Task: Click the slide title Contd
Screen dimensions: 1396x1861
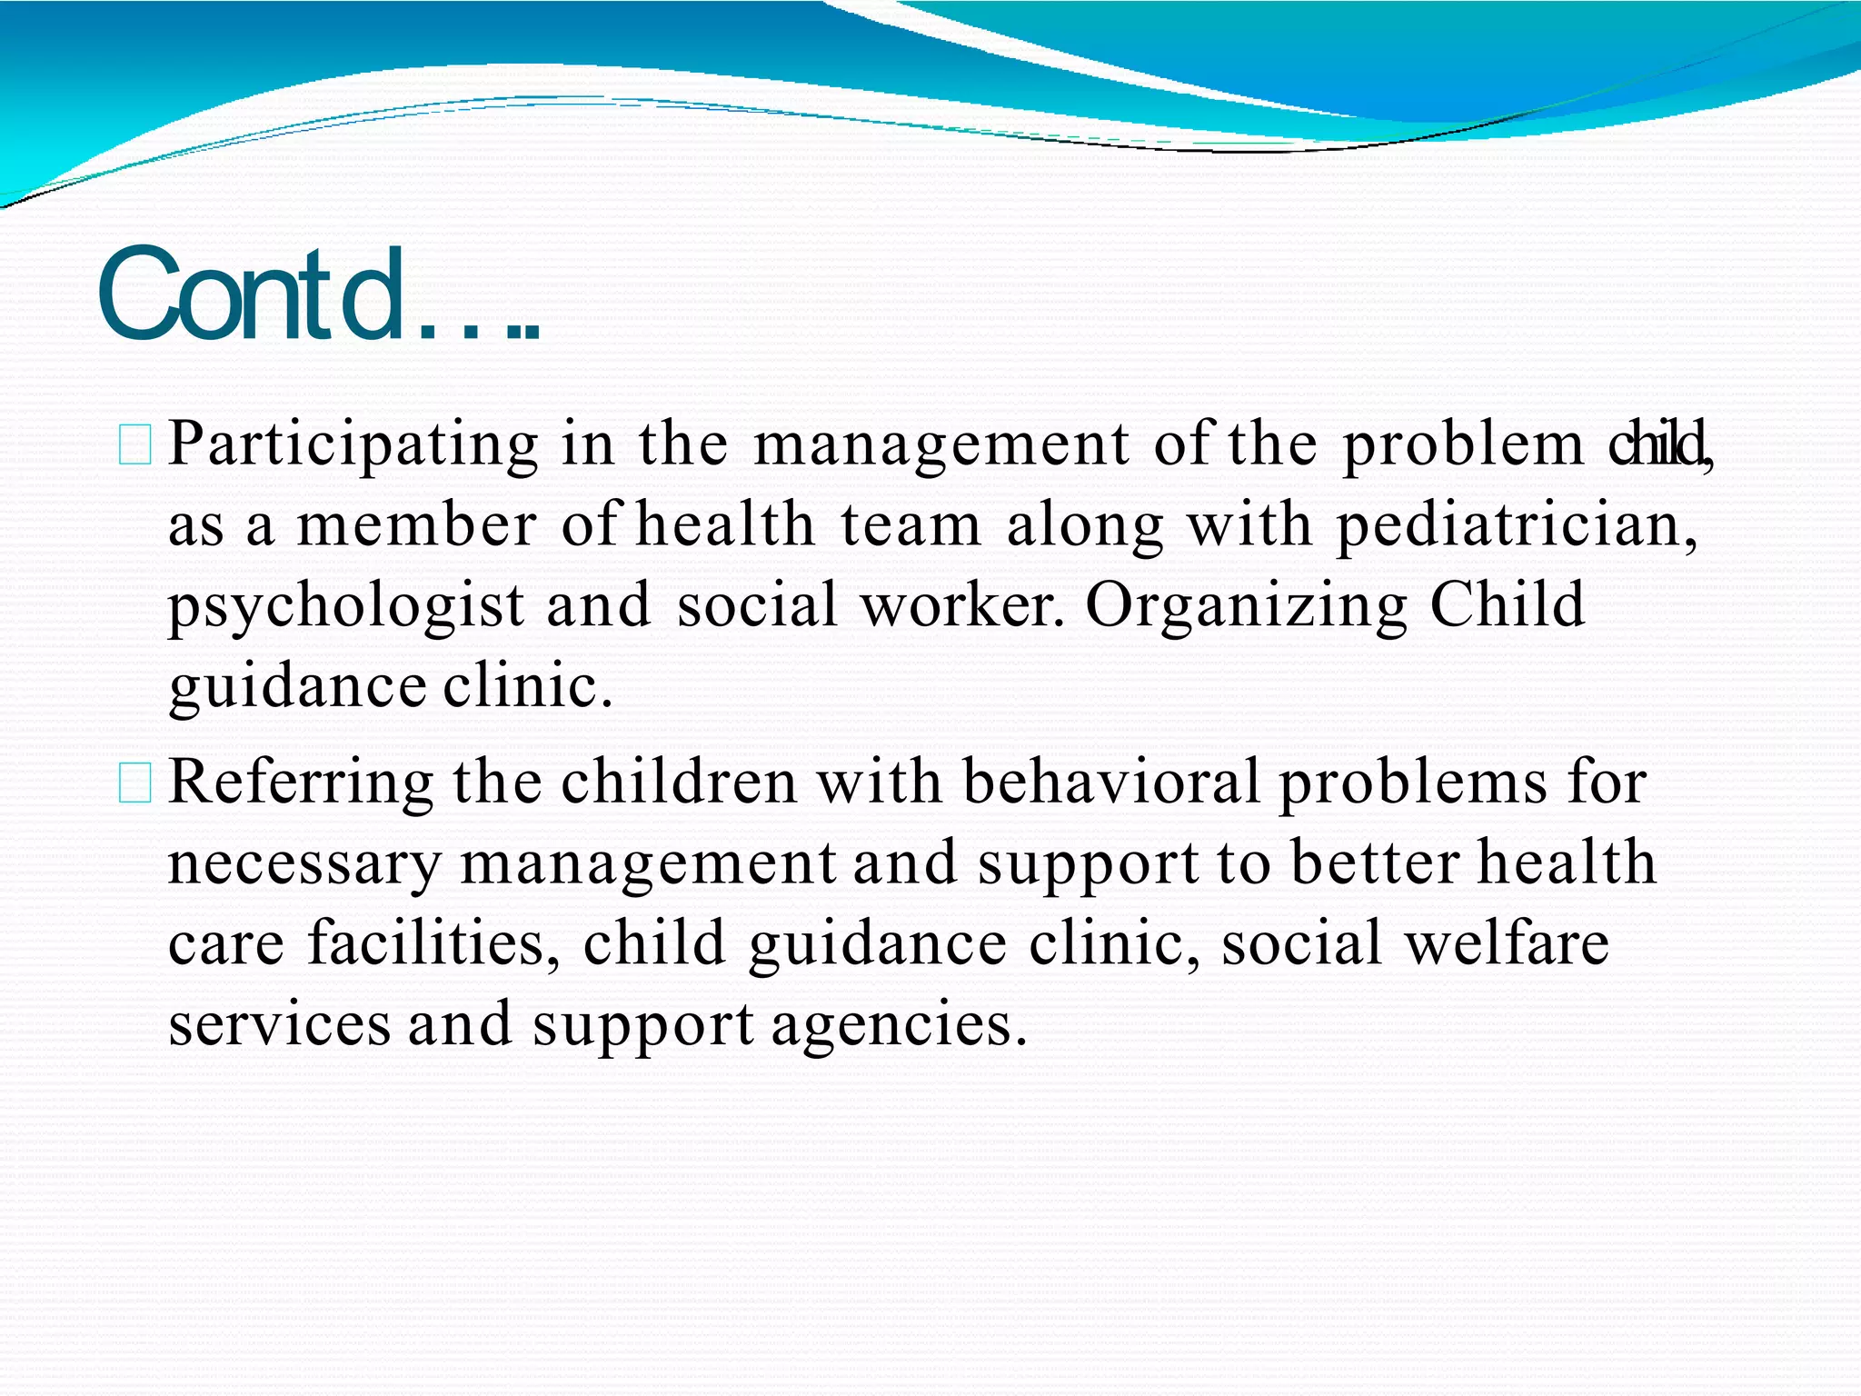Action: (318, 295)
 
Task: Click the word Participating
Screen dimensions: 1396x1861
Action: (353, 445)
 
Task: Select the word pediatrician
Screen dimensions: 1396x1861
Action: (1516, 526)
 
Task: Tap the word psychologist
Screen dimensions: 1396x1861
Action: (346, 607)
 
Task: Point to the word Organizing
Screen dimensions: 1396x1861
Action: (1246, 607)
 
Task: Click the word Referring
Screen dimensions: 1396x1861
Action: (301, 783)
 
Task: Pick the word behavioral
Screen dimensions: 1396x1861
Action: (1110, 783)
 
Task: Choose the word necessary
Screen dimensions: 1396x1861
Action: (304, 863)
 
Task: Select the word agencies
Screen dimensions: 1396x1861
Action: (899, 1024)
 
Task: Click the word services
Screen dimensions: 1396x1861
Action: (279, 1024)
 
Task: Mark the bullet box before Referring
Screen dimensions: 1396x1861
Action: (135, 784)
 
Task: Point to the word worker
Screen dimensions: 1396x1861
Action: (961, 605)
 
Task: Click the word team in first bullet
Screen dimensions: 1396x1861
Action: (911, 526)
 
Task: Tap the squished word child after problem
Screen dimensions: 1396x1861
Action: (1657, 444)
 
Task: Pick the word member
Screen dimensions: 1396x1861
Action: (417, 526)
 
